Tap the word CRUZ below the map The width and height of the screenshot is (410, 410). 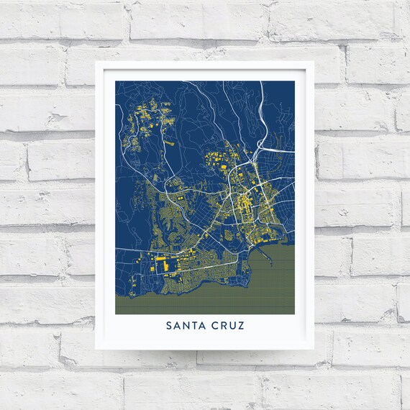(x=228, y=325)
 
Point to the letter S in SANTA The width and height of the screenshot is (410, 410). (x=170, y=325)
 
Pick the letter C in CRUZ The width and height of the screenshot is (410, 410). (x=216, y=325)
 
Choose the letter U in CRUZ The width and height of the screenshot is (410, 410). (x=232, y=325)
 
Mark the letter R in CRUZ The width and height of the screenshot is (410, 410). (x=224, y=325)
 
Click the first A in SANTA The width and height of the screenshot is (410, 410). (x=177, y=325)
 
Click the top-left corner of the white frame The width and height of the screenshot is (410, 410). (x=96, y=62)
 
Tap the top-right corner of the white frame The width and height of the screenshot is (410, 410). (x=314, y=62)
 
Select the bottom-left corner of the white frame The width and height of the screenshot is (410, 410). (x=96, y=350)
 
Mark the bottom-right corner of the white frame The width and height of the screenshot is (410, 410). (x=314, y=350)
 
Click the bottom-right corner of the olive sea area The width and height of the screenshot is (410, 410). (x=294, y=314)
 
